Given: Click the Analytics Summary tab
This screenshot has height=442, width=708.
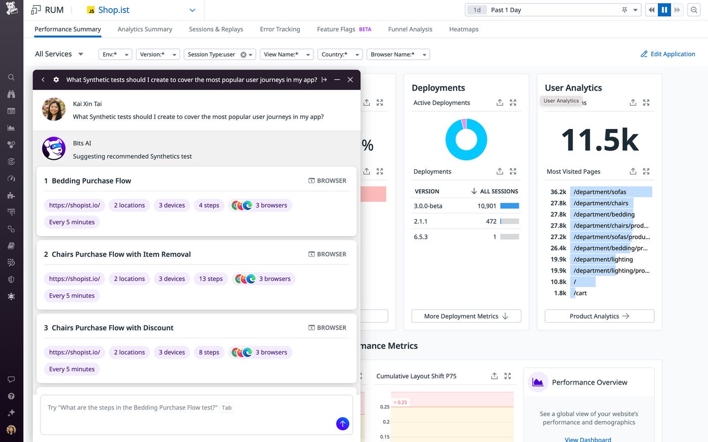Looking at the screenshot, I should click(145, 29).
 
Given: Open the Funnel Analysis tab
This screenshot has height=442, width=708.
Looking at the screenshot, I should click(410, 29).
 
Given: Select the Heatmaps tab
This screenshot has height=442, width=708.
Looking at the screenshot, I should click(464, 29).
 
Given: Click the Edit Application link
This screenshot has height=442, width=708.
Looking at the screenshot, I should click(668, 54).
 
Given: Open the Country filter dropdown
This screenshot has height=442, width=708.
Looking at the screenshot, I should click(341, 55).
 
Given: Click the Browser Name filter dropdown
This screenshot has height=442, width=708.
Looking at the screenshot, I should click(399, 55).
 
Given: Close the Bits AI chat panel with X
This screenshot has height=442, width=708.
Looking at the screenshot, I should click(350, 80).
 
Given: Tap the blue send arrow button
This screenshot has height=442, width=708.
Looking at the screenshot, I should click(342, 424).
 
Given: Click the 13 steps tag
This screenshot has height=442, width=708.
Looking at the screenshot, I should click(211, 279).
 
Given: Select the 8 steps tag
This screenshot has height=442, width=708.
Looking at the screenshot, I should click(209, 352).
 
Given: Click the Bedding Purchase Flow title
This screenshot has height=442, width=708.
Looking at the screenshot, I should click(92, 181).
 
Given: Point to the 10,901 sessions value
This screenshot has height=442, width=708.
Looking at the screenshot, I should click(486, 206).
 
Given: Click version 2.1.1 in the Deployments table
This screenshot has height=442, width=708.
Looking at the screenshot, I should click(421, 222).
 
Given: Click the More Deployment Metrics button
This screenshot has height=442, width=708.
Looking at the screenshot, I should click(466, 316).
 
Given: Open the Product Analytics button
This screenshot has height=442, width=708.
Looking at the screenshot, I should click(599, 316).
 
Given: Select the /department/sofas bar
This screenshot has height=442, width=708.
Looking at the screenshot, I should click(610, 192).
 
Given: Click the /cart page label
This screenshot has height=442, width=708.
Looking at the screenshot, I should click(580, 293).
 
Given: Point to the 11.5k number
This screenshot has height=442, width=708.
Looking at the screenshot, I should click(600, 140).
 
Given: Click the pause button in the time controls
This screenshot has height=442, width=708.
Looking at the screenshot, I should click(664, 10).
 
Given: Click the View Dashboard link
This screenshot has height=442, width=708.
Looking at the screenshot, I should click(588, 439).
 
